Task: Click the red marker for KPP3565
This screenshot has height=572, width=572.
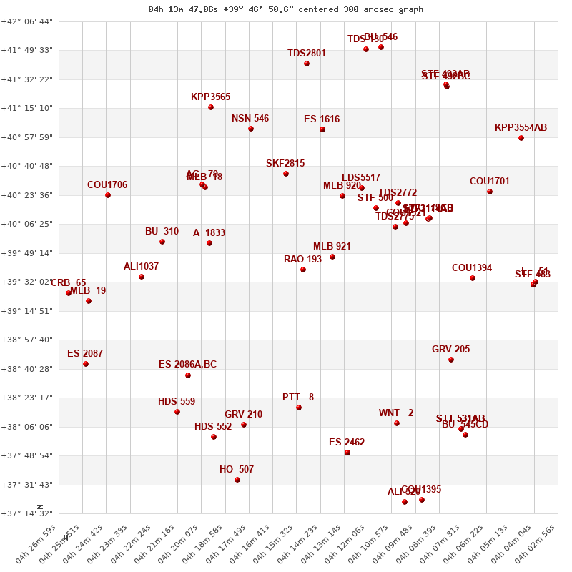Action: [x=211, y=107]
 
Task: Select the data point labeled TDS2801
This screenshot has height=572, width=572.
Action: [x=307, y=64]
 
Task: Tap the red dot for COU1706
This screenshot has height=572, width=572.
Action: [x=108, y=195]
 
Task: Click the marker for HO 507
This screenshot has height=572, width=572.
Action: [x=237, y=480]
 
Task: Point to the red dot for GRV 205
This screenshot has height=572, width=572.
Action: [x=451, y=360]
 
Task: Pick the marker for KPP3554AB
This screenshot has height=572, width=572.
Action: [x=521, y=138]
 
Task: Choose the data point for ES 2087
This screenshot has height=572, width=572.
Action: [x=86, y=364]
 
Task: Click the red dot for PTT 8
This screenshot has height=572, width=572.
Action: [x=299, y=408]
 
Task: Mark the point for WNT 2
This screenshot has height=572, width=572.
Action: [x=397, y=423]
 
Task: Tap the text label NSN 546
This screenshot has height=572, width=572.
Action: [x=250, y=119]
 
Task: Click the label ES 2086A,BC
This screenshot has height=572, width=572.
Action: [x=187, y=365]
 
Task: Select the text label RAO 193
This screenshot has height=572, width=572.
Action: [x=302, y=260]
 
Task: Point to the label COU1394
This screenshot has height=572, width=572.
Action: [x=472, y=268]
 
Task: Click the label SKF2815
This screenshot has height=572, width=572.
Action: [x=285, y=164]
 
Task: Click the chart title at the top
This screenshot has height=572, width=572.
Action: [x=286, y=9]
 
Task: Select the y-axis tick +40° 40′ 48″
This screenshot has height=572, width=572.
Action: [x=27, y=166]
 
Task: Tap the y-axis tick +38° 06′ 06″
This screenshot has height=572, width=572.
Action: [x=27, y=427]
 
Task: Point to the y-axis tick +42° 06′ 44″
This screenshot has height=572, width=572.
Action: [x=27, y=21]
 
